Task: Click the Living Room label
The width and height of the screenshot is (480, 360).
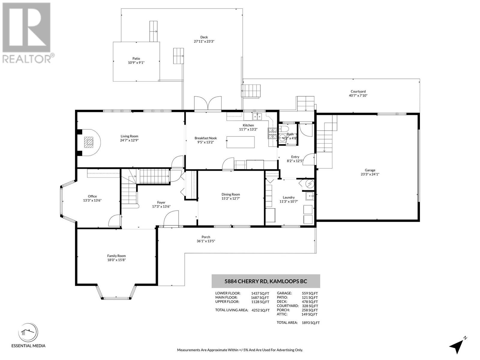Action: click(129, 136)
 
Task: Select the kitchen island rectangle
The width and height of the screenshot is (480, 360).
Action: click(240, 142)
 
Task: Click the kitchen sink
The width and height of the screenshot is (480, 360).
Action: click(257, 116)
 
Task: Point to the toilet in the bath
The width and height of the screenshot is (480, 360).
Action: click(284, 128)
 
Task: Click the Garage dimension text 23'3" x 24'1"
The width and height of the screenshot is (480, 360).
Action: click(370, 174)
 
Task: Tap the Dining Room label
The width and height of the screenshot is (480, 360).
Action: click(231, 194)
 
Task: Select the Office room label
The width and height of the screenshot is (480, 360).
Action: click(92, 196)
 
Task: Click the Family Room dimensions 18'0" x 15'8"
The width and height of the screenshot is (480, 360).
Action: click(116, 260)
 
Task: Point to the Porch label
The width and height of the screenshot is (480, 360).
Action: click(206, 237)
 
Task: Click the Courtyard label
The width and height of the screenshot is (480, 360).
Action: click(358, 91)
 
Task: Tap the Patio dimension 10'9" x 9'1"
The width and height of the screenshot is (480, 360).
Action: click(136, 62)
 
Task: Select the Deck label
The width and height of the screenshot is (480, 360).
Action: click(204, 37)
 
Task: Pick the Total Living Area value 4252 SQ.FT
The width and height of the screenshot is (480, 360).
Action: click(260, 310)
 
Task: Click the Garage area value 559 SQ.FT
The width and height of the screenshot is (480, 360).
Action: click(310, 293)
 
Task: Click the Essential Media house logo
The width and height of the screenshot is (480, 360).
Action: click(28, 333)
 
